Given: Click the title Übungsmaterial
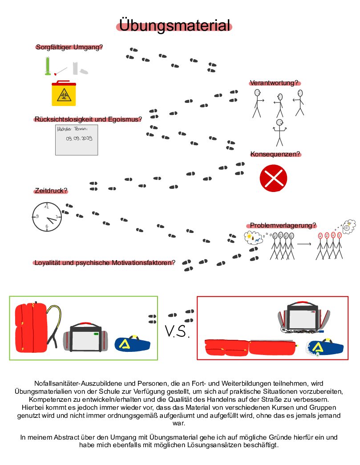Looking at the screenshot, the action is pos(174,25).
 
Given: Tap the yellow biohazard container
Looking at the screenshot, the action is pos(64,94).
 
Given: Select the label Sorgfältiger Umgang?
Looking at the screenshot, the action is pos(69,47).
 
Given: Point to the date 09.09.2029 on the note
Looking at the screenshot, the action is pos(79,138).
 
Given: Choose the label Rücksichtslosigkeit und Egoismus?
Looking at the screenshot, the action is pos(88,119).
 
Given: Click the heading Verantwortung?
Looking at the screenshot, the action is pos(274,83).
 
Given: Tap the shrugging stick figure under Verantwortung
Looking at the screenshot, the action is pos(280,133).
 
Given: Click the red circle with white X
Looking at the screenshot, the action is pos(273,178).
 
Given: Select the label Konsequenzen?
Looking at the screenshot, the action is pos(275,154).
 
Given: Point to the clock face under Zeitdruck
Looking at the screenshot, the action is pos(47,217).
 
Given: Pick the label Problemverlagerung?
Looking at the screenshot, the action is pos(283,225).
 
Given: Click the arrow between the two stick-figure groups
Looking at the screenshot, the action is pos(304,244).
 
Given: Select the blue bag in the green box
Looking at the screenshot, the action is pos(132,344).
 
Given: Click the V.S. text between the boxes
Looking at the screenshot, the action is pos(177,331).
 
